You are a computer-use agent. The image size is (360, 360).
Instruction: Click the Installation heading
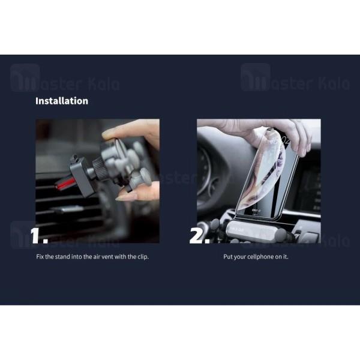62,101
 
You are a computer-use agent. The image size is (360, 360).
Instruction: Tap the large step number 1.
39,236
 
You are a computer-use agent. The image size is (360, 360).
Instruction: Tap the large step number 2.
200,236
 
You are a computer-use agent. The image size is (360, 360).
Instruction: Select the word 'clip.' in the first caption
143,257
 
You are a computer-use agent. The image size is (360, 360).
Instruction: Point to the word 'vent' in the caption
107,257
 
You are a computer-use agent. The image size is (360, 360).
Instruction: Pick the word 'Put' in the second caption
228,256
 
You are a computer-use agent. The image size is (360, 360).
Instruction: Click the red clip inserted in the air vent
65,184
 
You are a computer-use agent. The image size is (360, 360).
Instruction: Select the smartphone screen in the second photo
266,175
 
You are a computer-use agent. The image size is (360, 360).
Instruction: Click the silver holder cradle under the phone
255,231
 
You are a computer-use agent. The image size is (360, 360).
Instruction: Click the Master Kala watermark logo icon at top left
25,77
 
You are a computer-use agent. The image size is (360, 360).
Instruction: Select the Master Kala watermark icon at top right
256,77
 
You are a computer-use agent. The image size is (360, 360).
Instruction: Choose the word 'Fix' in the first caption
40,256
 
